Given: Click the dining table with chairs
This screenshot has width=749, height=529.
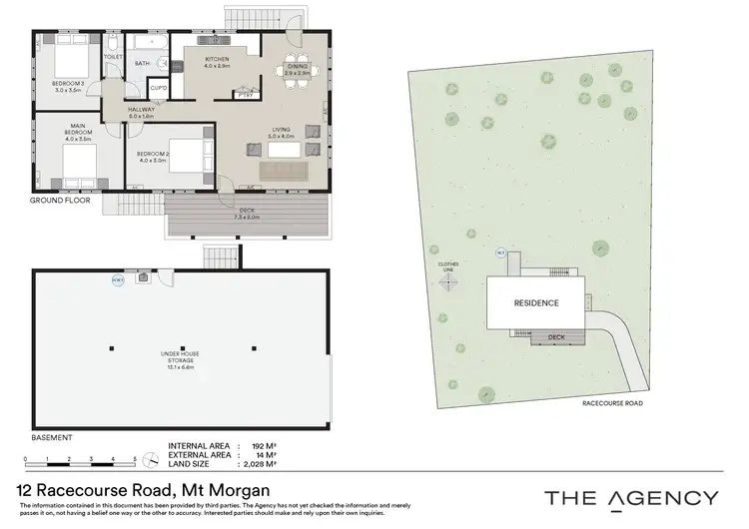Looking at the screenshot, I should point(297,70).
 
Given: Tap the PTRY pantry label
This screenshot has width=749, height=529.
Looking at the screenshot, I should point(243,96).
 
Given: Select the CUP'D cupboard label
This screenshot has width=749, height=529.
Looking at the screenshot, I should point(158,88).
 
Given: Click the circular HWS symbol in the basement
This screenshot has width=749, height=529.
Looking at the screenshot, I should point(118,280).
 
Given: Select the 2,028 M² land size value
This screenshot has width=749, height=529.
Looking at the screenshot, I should point(258,464).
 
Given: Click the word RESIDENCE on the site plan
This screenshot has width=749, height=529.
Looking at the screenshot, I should point(535,303).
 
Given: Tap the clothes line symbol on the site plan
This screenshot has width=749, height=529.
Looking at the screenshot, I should point(448,280).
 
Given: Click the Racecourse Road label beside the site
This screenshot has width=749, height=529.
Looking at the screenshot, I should point(610,404).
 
